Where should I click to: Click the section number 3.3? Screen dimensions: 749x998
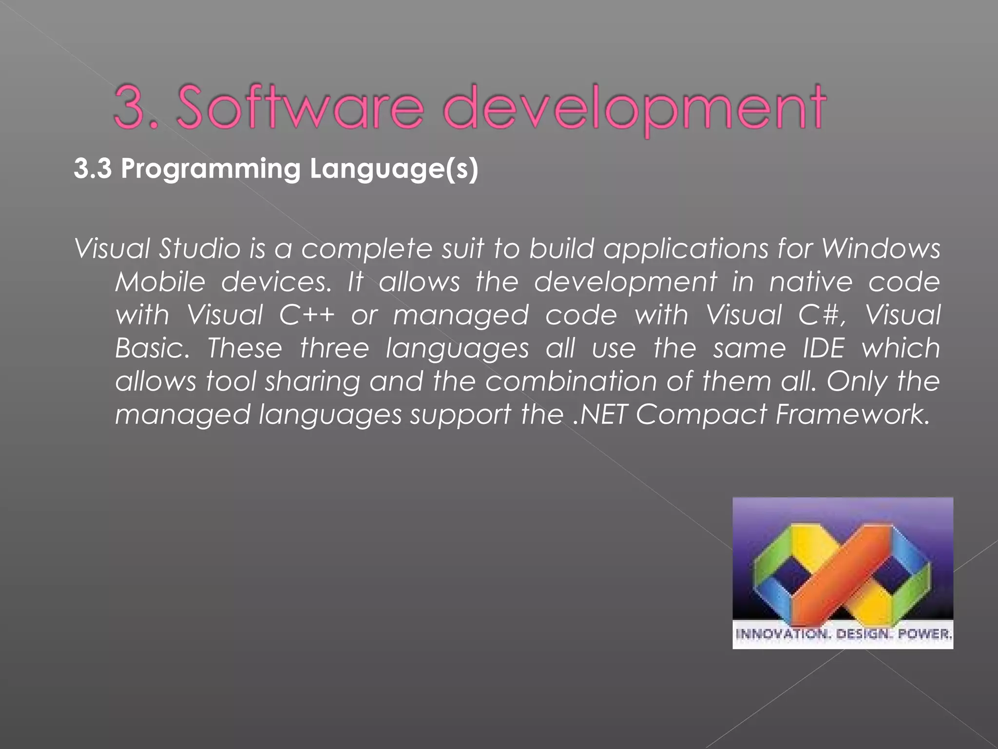click(93, 169)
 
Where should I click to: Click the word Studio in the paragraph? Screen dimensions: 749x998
click(200, 249)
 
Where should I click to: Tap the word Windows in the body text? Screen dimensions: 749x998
click(881, 249)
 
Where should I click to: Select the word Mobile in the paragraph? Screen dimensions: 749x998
click(160, 282)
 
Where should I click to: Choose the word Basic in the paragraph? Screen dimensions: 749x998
click(151, 348)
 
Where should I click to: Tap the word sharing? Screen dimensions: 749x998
click(312, 381)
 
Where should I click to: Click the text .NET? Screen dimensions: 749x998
click(600, 414)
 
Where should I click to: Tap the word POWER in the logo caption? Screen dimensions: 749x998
click(924, 634)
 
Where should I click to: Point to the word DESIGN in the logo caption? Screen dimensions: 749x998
click(863, 634)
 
